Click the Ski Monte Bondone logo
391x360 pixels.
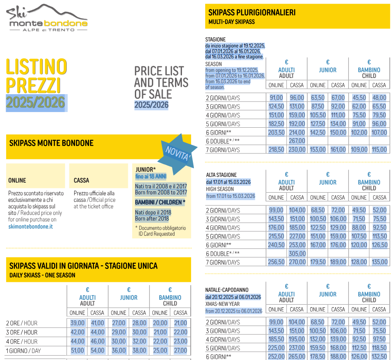tap(47, 18)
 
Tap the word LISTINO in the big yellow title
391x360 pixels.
tap(36, 67)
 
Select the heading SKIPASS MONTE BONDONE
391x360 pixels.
tap(51, 143)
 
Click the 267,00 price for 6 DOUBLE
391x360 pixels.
tap(297, 141)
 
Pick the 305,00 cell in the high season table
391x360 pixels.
tap(297, 254)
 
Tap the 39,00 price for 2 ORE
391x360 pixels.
tap(78, 323)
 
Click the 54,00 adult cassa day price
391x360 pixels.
tap(97, 351)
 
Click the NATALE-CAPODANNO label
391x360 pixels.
tap(227, 290)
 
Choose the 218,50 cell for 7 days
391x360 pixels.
tap(276, 150)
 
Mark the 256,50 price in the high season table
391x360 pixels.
tap(276, 262)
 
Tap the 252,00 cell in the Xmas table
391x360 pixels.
tap(276, 357)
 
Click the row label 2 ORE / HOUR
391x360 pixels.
tap(22, 323)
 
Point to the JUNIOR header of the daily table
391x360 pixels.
tap(129, 298)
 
